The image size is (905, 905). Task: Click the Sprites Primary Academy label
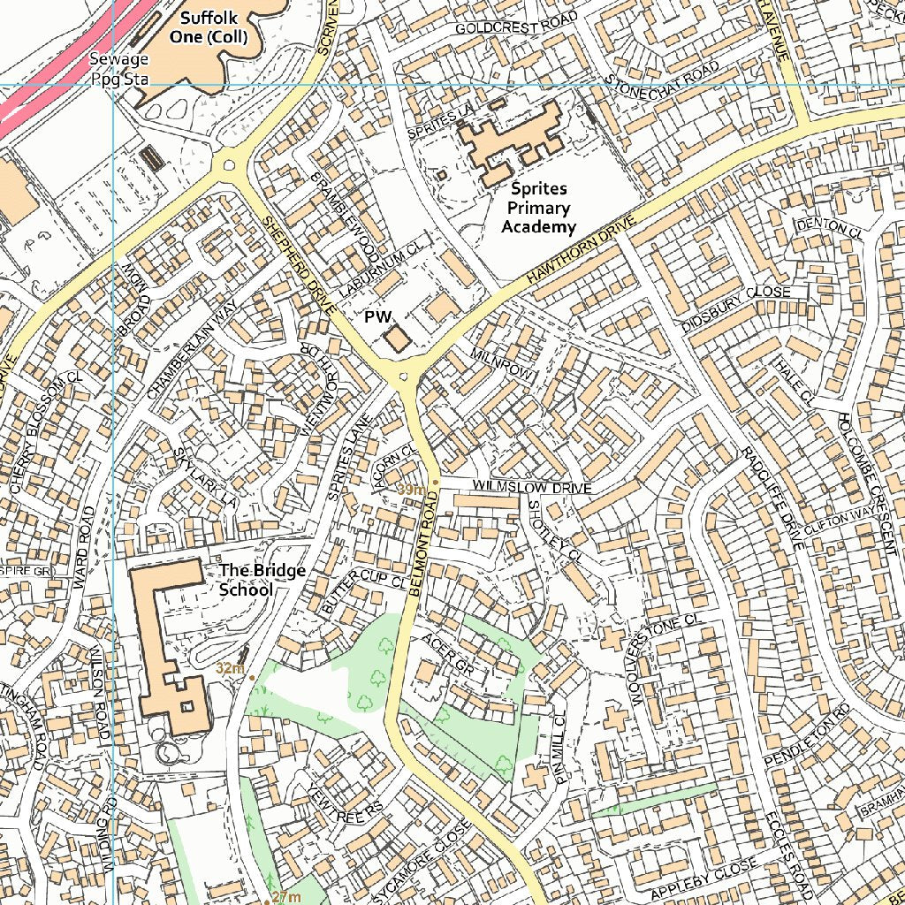click(x=538, y=209)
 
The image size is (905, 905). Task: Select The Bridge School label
click(x=262, y=580)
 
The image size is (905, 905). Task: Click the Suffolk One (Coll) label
click(x=213, y=27)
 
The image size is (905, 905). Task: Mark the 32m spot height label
click(x=230, y=668)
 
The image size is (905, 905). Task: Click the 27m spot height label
click(x=285, y=897)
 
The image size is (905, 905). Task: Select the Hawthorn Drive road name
click(x=582, y=250)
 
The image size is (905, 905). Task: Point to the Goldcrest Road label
click(x=516, y=24)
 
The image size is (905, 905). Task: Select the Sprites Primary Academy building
click(x=513, y=141)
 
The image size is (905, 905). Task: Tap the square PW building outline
click(x=397, y=339)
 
